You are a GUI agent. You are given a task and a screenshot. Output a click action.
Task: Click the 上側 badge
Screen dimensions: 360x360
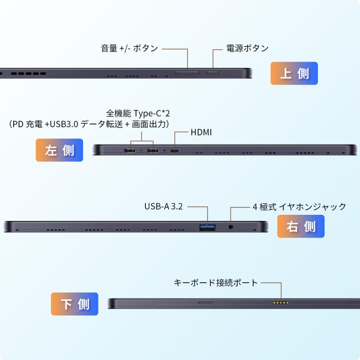click(294, 74)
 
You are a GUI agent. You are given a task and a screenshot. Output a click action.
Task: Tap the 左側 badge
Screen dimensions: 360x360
click(59, 150)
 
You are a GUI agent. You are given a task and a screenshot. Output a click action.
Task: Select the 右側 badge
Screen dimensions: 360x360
click(301, 226)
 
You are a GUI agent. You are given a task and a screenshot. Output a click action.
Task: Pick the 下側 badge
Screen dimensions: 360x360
click(74, 304)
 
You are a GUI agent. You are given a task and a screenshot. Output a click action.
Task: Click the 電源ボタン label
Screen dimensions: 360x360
click(247, 48)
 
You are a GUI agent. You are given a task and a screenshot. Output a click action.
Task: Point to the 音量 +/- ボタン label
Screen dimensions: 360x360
click(129, 48)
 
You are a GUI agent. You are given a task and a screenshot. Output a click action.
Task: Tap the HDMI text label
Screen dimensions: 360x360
click(201, 132)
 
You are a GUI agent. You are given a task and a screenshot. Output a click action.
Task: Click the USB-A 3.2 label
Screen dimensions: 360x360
click(163, 206)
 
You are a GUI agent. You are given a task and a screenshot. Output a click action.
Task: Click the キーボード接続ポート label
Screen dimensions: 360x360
click(216, 283)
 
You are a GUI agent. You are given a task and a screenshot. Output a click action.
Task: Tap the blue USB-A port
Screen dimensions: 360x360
click(208, 228)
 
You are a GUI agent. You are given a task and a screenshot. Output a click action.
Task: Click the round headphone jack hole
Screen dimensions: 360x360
click(231, 227)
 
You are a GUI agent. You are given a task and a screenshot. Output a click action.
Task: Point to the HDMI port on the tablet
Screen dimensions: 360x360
click(175, 151)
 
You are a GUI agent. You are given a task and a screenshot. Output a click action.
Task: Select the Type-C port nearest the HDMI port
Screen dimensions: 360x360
click(153, 151)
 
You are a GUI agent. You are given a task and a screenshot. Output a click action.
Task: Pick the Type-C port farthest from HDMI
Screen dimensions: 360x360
click(130, 151)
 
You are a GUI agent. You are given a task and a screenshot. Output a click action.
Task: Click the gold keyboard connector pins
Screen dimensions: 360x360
click(281, 302)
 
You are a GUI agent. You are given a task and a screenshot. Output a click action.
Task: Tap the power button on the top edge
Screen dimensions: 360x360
click(213, 73)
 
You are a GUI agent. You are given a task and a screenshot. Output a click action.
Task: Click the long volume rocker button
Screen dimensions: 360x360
click(188, 73)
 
